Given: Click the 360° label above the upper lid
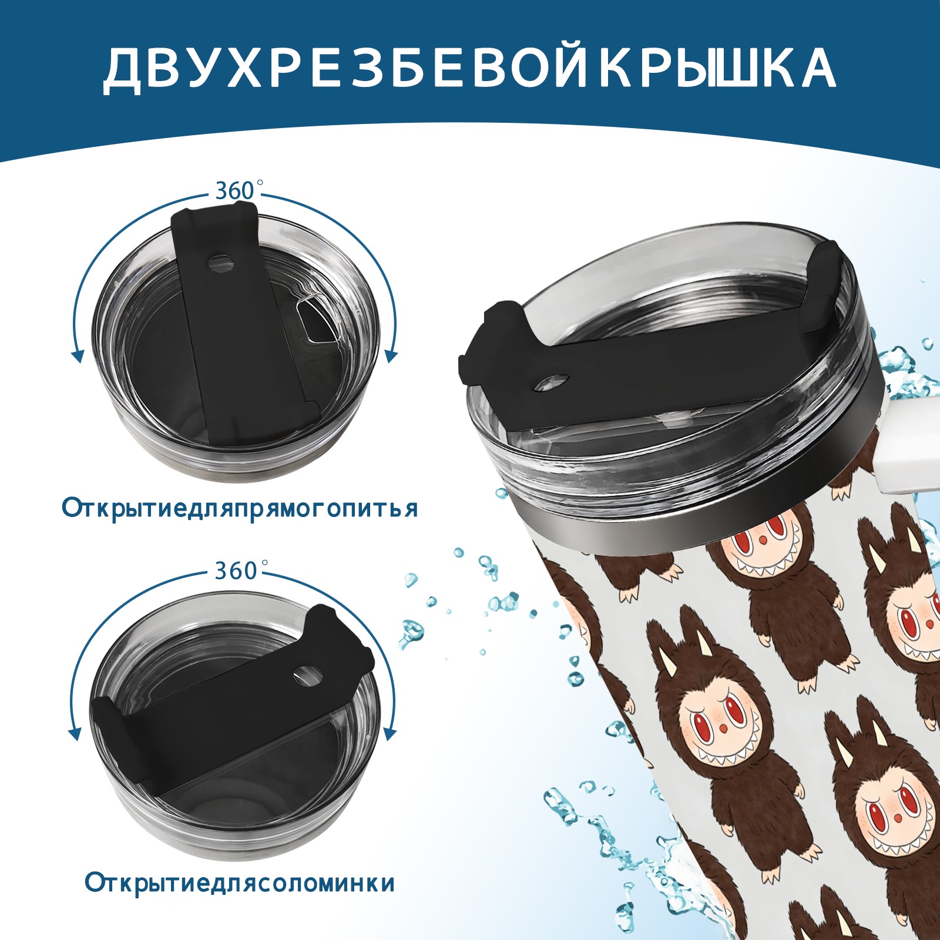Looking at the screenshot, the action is [237, 190].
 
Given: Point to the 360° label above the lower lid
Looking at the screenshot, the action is [237, 570].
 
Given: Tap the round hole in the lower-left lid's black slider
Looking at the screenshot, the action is [305, 674].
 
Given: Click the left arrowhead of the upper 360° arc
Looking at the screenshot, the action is [77, 355].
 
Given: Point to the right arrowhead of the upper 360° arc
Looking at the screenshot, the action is [391, 355].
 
